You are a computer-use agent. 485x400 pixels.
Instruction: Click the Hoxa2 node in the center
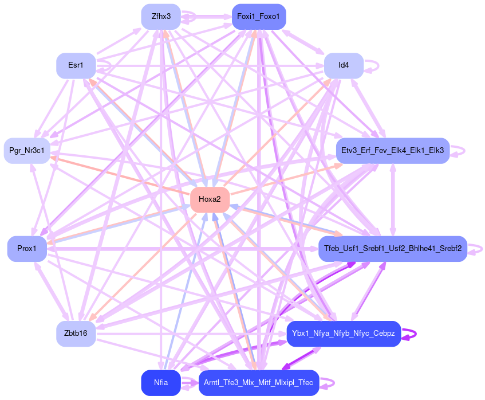[210, 199]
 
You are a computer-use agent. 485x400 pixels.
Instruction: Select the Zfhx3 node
[161, 16]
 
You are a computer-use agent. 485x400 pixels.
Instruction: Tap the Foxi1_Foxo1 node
[259, 16]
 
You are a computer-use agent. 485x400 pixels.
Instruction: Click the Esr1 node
[75, 65]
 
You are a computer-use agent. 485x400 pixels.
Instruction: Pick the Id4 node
[344, 65]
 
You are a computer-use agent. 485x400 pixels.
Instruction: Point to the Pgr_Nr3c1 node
[27, 151]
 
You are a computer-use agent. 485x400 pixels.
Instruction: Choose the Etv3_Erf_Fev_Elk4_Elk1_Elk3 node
[392, 151]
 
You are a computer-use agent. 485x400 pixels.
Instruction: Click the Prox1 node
[27, 249]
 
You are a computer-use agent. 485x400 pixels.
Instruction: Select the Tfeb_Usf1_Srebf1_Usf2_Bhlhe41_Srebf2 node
[392, 249]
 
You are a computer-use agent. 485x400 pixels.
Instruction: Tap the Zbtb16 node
[76, 334]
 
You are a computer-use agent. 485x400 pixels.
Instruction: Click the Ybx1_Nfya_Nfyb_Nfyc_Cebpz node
[344, 334]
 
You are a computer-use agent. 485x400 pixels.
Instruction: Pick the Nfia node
[161, 383]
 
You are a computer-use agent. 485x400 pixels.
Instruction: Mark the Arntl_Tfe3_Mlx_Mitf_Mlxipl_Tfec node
[258, 383]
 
